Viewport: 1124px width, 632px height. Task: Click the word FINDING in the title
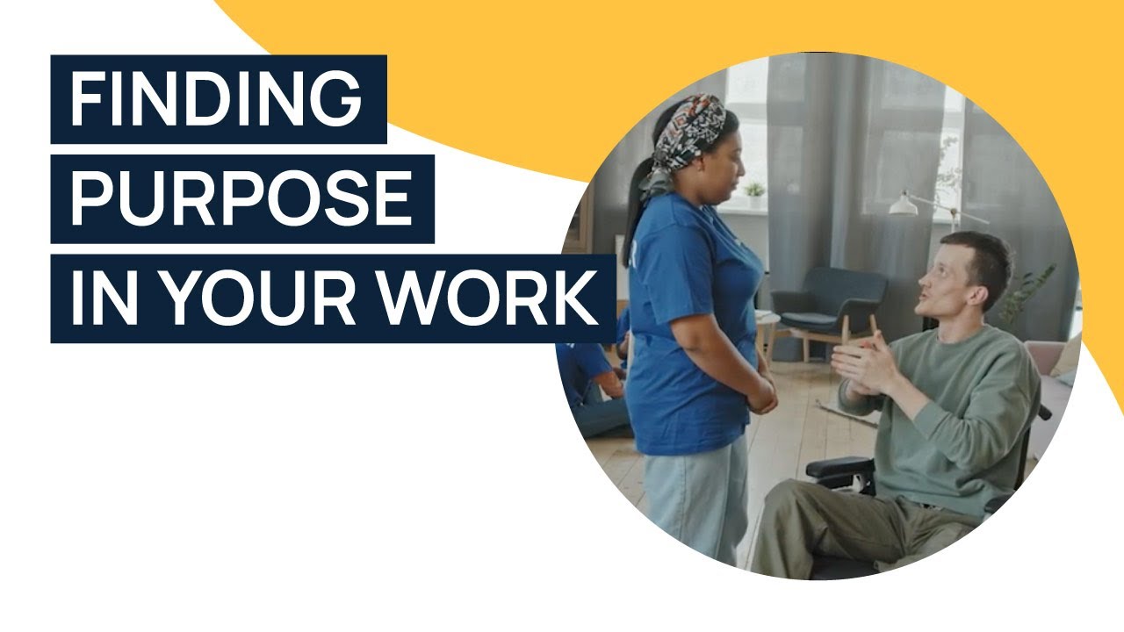pos(216,98)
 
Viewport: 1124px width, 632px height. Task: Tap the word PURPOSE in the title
pos(241,198)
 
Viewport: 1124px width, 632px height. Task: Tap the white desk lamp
pos(904,205)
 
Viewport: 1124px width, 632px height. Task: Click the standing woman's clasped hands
pos(762,396)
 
